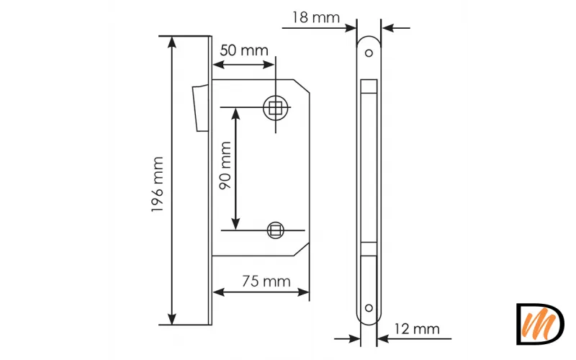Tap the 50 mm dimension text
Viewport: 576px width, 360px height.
[x=243, y=50]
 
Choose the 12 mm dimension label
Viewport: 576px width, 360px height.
[x=417, y=329]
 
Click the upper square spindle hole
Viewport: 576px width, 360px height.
[x=276, y=109]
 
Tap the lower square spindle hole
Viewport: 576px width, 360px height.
[x=274, y=230]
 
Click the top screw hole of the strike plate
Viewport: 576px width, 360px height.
[x=369, y=53]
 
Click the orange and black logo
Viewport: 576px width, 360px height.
[x=540, y=323]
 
